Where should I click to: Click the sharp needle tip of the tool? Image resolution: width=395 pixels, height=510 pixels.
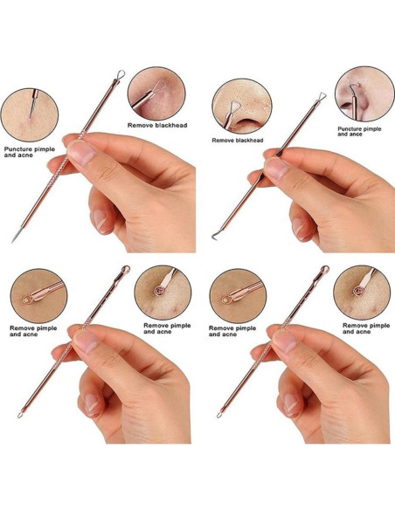[12, 240]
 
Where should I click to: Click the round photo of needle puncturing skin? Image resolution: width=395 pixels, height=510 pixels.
[31, 112]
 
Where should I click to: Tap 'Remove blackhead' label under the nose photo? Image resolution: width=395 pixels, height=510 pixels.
[238, 140]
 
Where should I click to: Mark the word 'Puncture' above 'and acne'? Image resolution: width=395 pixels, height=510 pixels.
[24, 148]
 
